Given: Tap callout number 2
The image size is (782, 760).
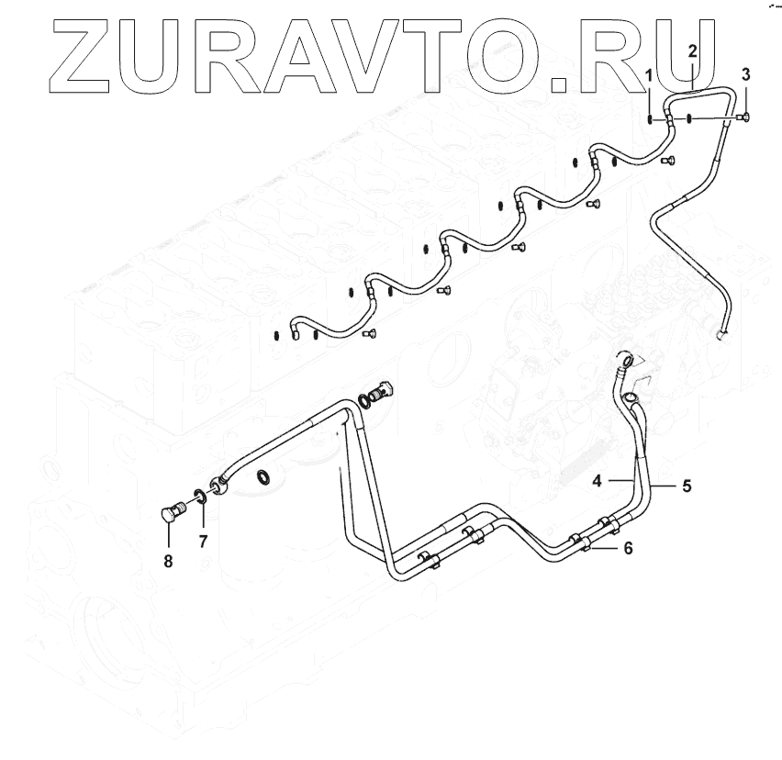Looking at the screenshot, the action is [692, 50].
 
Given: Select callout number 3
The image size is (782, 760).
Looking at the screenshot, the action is [745, 74].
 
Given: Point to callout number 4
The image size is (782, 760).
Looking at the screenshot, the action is [597, 481].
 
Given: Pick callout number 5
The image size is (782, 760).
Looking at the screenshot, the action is [687, 486].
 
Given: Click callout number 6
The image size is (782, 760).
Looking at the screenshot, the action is [628, 548].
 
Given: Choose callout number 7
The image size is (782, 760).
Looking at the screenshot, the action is [203, 541].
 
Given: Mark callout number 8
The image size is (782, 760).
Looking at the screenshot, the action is [168, 561].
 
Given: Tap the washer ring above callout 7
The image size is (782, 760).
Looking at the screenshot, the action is [200, 497].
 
